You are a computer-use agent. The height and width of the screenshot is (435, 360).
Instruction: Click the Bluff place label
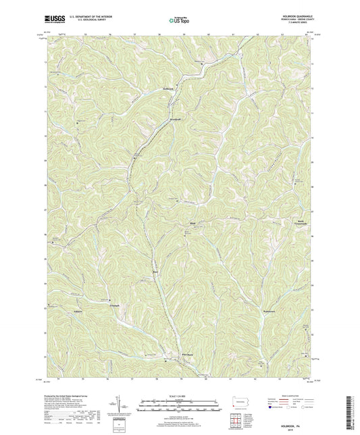point(191,221)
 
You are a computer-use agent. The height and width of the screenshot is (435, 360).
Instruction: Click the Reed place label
point(155,273)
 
